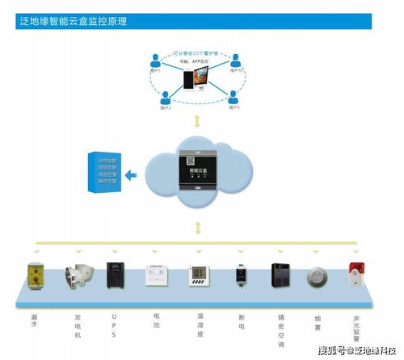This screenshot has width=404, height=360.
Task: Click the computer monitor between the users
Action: (197, 80)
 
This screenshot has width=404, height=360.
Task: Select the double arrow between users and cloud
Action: (197, 122)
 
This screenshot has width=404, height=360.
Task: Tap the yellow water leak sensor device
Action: (36, 274)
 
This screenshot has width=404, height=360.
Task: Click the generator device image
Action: (78, 276)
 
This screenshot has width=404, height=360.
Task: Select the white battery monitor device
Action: (155, 275)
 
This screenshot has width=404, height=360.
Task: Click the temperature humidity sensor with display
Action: (199, 277)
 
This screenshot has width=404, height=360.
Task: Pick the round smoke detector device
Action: (317, 276)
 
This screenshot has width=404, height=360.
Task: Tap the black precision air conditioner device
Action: (280, 275)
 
